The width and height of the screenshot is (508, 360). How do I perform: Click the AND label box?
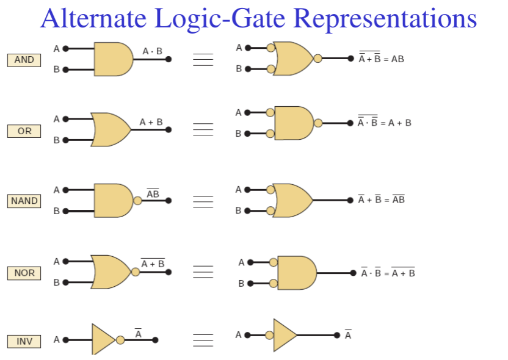(x=24, y=60)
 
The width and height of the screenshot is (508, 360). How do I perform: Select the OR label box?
(x=24, y=131)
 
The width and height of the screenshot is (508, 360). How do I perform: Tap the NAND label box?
(x=24, y=201)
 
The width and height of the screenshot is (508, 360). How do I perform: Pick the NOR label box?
(x=24, y=273)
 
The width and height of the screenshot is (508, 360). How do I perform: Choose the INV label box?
(x=24, y=341)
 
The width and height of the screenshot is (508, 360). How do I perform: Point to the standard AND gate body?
(x=112, y=59)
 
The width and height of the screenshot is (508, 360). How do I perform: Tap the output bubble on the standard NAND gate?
(x=137, y=200)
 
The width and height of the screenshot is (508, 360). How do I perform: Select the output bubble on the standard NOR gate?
(x=136, y=272)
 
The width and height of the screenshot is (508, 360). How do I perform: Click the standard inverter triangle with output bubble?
(x=103, y=340)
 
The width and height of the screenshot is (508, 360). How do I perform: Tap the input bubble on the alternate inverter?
(x=269, y=335)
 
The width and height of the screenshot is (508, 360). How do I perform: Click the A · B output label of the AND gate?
(x=152, y=51)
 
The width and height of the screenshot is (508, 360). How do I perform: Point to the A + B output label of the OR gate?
(x=151, y=122)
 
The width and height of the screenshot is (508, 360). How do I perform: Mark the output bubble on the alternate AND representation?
(x=317, y=59)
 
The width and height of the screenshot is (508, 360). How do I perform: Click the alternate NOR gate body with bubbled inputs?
(x=296, y=273)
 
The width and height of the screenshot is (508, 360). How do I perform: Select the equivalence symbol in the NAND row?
(x=203, y=201)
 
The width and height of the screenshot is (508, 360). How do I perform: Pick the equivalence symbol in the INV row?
(x=203, y=340)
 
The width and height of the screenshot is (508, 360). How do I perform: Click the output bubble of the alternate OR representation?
(x=318, y=123)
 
